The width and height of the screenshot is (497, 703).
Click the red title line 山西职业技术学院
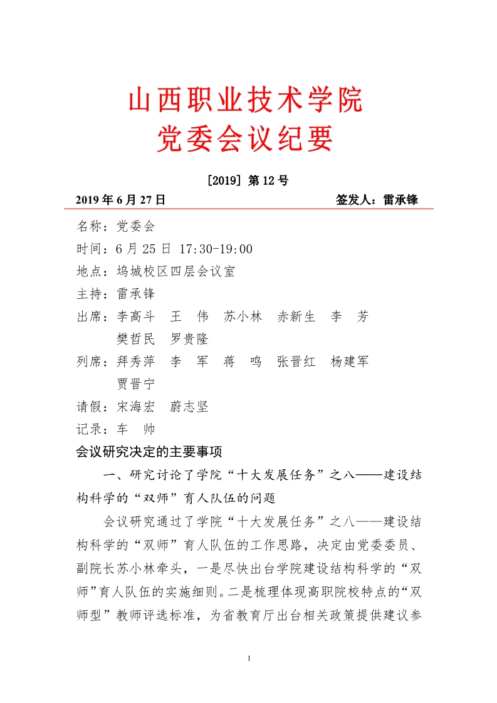tap(246, 101)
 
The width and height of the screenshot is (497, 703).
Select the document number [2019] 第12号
tap(247, 181)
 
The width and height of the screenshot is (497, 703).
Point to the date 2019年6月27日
tap(120, 200)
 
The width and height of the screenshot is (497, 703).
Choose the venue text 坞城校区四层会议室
tap(175, 271)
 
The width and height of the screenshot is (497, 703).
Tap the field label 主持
tap(90, 294)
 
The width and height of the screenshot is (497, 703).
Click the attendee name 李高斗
tap(136, 316)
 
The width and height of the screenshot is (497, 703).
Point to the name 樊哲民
tap(136, 339)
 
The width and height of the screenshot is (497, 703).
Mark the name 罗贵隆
tap(189, 339)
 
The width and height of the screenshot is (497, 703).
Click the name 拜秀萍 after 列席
tap(136, 362)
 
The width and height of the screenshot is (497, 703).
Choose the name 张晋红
tap(296, 362)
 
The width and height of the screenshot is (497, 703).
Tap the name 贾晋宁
tap(136, 384)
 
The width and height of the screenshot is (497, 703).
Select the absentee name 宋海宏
tap(136, 407)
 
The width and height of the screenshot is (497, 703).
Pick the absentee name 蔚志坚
tap(189, 407)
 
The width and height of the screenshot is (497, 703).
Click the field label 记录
tap(90, 429)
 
